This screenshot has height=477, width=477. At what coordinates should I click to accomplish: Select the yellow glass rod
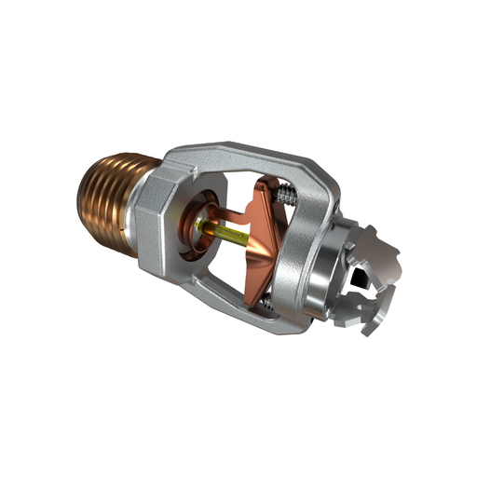pos(228,234)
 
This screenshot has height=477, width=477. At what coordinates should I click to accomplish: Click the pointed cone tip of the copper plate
pos(250,239)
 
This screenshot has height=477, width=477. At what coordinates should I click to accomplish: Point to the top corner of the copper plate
pos(270,183)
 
